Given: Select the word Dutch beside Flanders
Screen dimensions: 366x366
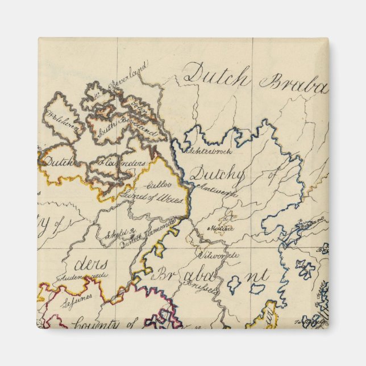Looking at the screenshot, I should coord(59,162).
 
